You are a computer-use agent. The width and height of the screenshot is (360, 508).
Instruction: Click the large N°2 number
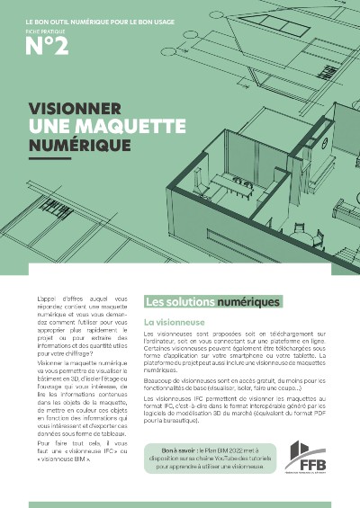pyautogui.click(x=47, y=47)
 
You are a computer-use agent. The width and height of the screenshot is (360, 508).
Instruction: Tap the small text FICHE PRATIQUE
pyautogui.click(x=40, y=28)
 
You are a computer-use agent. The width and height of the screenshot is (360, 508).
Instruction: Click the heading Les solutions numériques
pyautogui.click(x=212, y=302)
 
